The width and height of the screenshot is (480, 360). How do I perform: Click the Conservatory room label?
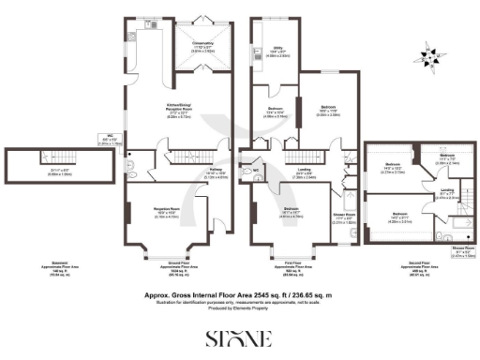pos(202,47)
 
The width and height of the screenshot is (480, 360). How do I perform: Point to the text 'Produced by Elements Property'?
pos(240,307)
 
